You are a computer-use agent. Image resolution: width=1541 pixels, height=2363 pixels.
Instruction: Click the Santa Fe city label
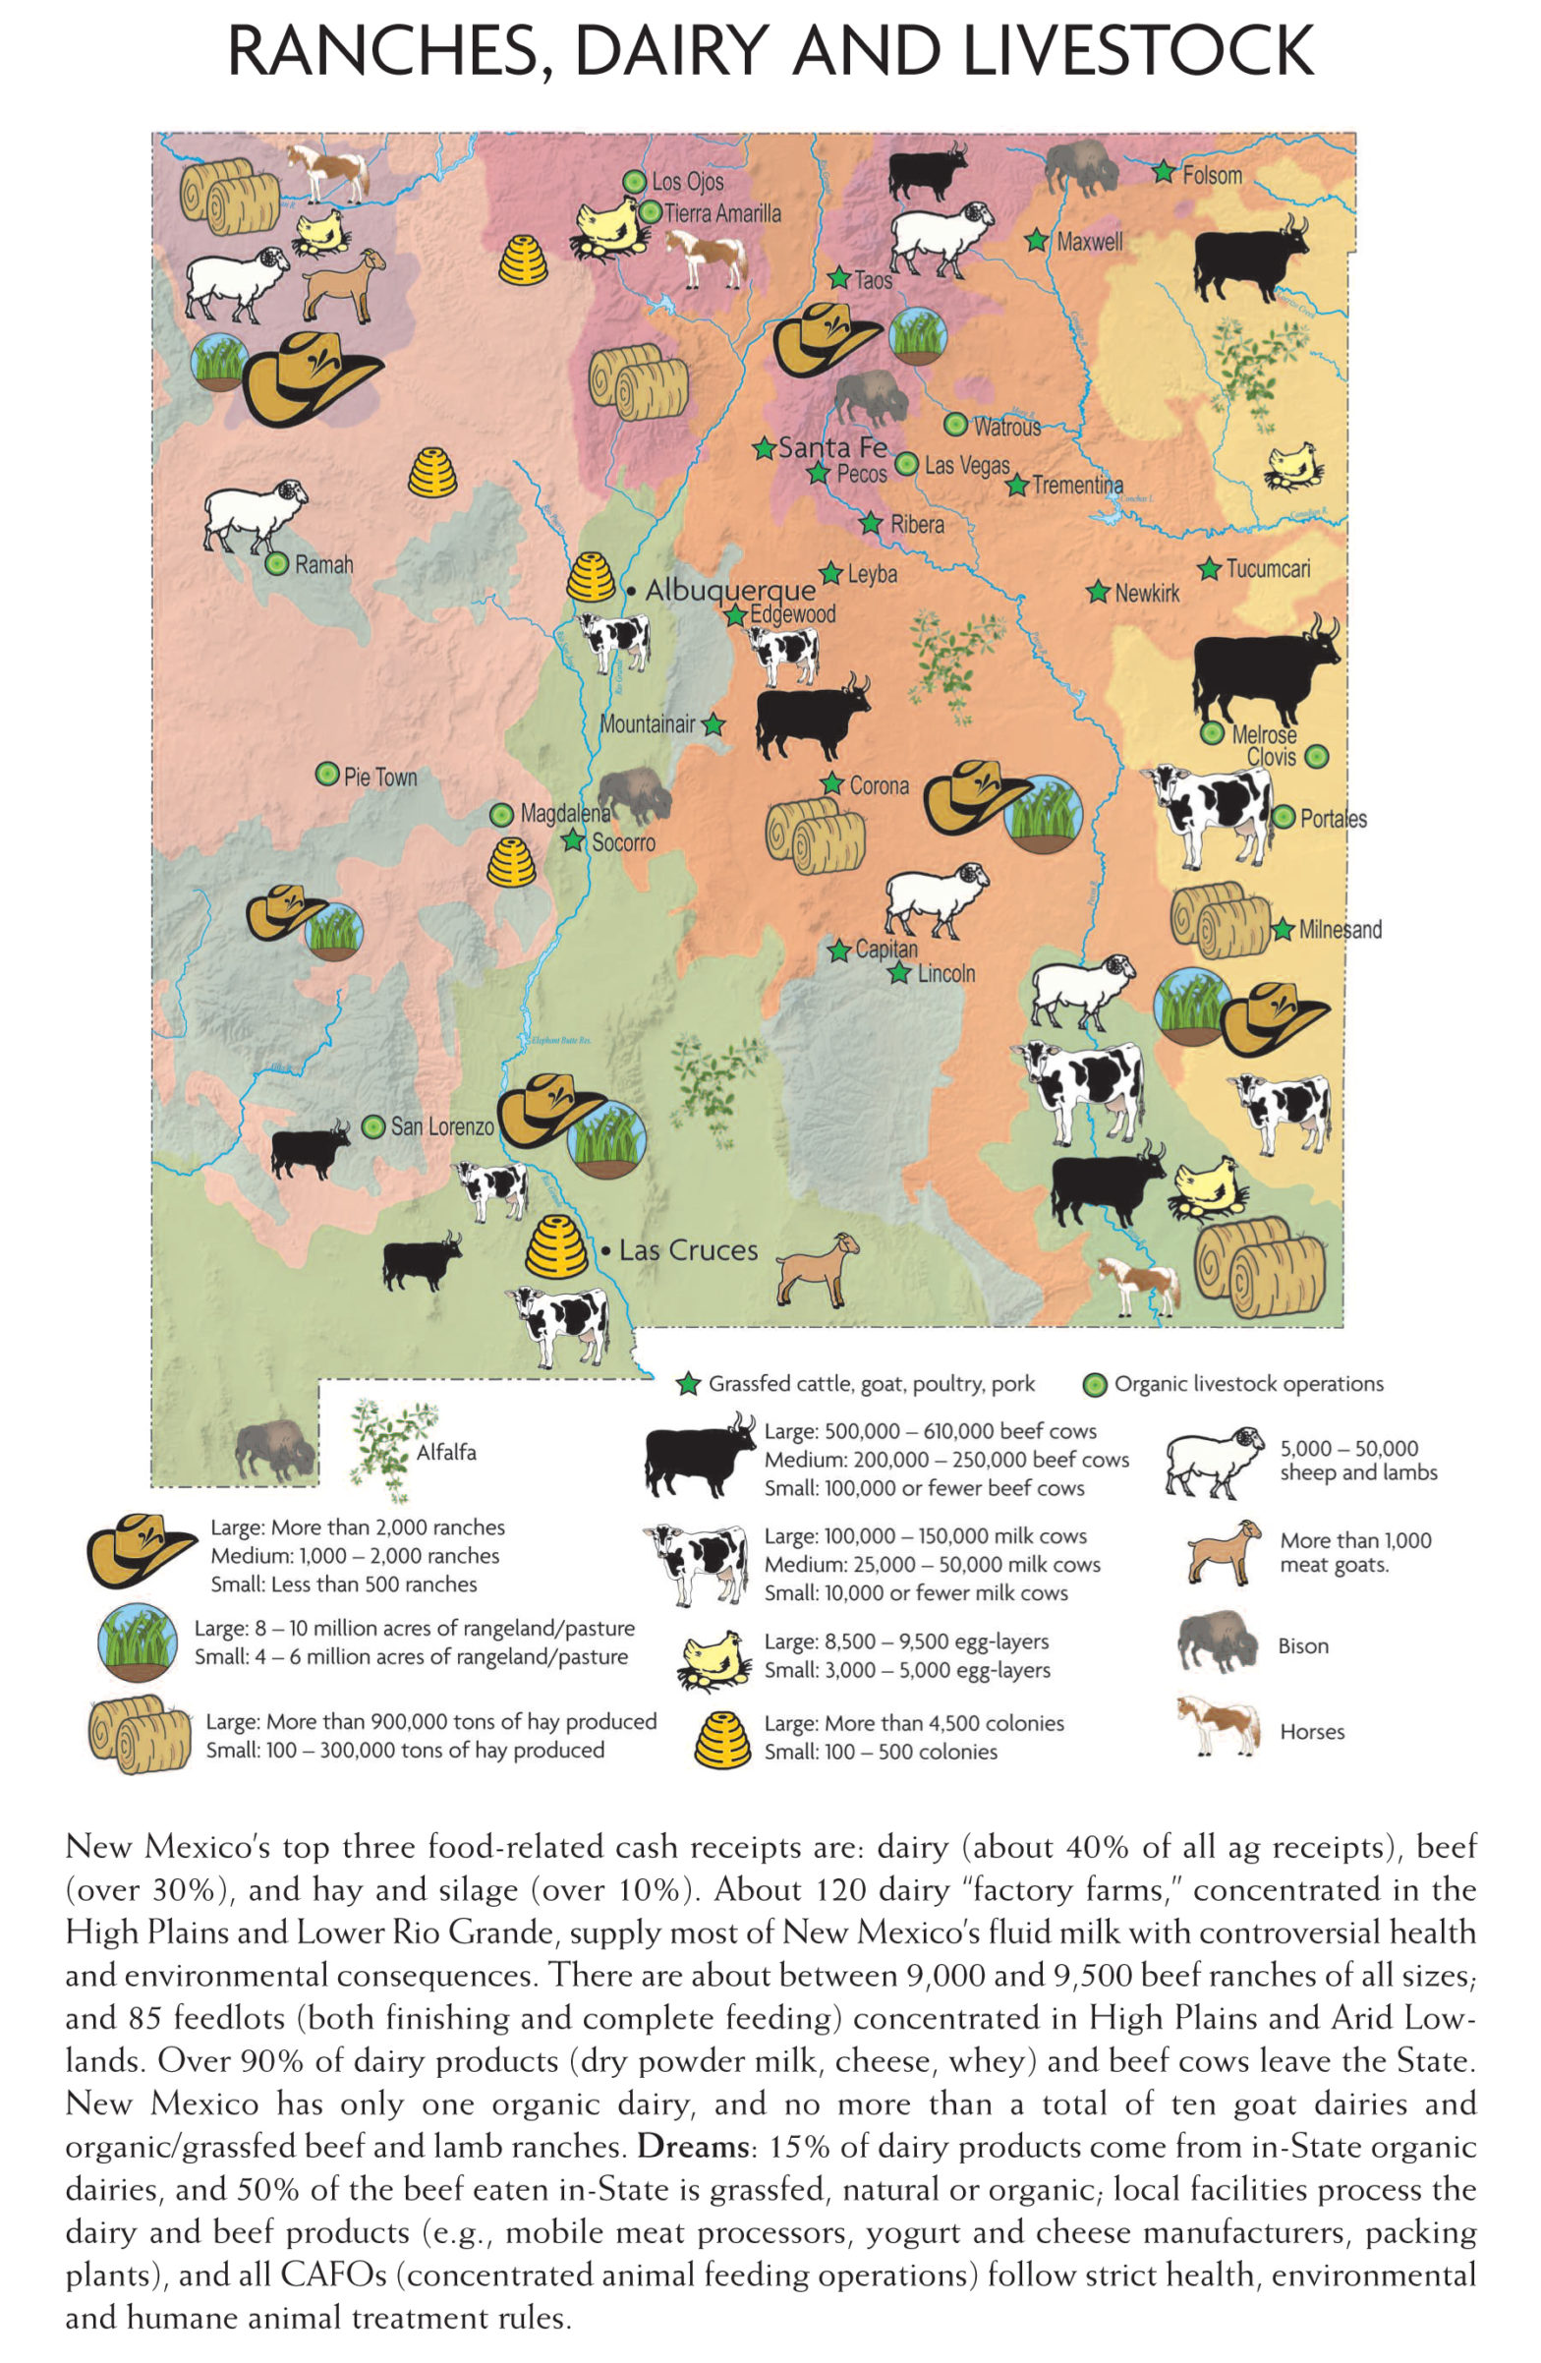point(832,448)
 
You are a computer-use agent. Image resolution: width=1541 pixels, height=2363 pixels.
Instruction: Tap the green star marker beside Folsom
point(1163,172)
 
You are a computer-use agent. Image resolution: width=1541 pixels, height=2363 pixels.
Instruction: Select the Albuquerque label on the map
point(730,590)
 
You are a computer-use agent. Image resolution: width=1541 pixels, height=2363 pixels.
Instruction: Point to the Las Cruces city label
point(688,1250)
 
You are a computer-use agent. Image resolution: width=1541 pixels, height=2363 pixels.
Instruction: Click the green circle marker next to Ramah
point(277,564)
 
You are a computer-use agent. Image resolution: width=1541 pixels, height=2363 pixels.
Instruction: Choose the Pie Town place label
point(380,777)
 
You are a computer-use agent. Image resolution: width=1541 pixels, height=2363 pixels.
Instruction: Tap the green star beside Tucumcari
point(1209,569)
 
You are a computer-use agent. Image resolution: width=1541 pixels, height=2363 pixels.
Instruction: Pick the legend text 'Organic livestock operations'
point(1248,1384)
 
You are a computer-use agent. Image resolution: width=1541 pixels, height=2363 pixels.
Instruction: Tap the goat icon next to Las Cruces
point(817,1269)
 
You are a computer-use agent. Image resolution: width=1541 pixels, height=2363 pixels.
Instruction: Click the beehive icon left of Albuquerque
point(591,578)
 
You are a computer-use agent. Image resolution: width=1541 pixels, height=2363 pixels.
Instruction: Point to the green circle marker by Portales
point(1284,817)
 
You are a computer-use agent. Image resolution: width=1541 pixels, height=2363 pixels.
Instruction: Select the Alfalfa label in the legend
point(446,1453)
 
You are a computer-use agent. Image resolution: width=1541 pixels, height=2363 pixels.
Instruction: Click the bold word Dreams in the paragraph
point(692,2146)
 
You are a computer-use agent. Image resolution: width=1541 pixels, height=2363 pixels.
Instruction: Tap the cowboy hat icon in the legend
point(141,1549)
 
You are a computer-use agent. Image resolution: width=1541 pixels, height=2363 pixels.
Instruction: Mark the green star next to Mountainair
point(713,724)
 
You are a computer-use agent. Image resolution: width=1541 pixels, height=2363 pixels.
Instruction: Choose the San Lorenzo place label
point(442,1126)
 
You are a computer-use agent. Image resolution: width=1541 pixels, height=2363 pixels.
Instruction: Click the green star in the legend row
point(687,1384)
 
